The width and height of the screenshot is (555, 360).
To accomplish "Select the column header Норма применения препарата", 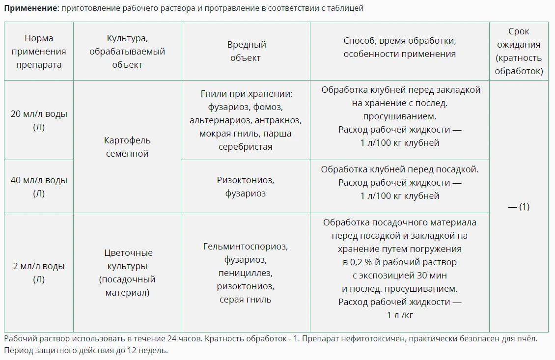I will (39, 51).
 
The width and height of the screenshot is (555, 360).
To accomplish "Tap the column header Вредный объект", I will (246, 51).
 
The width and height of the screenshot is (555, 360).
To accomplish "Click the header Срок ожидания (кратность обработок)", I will (519, 51).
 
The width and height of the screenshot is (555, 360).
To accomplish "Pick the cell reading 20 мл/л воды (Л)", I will (39, 120).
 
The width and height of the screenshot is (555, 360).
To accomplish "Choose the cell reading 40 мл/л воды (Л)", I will (39, 187).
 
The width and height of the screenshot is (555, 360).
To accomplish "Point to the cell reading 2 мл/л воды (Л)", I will (39, 273).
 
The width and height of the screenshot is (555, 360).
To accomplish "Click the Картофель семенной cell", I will (127, 147).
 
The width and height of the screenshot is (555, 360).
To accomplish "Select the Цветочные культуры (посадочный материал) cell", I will (127, 273).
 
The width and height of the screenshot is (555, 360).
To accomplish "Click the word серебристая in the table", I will (246, 146).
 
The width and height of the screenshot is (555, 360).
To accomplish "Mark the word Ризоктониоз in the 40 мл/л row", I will (246, 180).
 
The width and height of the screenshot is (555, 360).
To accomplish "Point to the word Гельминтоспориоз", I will (246, 247).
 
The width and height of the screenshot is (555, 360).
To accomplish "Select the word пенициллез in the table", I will (246, 273).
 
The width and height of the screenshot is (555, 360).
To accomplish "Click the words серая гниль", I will (246, 300).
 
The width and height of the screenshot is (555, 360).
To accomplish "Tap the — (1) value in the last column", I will (519, 207).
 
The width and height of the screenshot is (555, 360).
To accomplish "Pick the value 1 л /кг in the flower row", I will (400, 315).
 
